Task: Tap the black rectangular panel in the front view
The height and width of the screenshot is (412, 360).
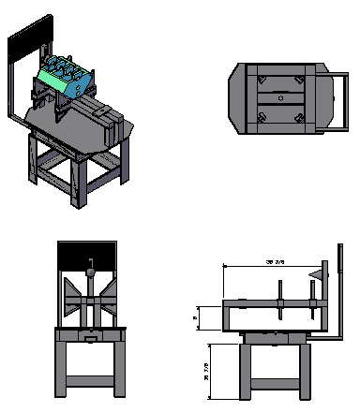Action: [x=88, y=252]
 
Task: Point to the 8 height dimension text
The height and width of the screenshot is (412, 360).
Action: [x=195, y=317]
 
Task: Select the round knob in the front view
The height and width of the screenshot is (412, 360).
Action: [x=91, y=272]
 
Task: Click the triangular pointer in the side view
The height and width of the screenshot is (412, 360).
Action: [x=318, y=273]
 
